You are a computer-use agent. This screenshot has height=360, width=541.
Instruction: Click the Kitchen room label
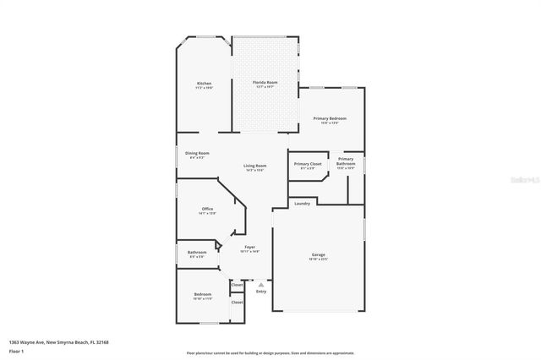coord(204,83)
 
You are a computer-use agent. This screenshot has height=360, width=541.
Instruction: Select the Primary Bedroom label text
coord(329,118)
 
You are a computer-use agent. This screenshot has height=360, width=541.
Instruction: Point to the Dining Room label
coord(198,153)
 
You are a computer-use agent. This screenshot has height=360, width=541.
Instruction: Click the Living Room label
coord(255,166)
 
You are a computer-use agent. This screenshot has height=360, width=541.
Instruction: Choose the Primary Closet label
coord(308,163)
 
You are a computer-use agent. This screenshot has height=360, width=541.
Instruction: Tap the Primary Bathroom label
coord(346,161)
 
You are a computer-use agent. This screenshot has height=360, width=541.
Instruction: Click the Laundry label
coord(302,203)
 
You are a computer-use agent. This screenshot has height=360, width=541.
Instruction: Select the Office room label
coord(207,209)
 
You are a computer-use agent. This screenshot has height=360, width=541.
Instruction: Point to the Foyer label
coord(249,247)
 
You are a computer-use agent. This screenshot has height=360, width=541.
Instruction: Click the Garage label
coord(319,254)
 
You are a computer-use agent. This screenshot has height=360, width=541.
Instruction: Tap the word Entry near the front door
coord(261,292)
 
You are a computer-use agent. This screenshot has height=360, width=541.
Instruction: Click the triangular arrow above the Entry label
coord(261,285)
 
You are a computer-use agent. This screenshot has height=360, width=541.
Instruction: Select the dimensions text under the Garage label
coord(319,259)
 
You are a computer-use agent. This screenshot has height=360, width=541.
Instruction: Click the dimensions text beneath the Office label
coord(207,214)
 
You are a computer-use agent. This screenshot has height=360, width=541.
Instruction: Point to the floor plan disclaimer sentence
coord(270,352)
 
